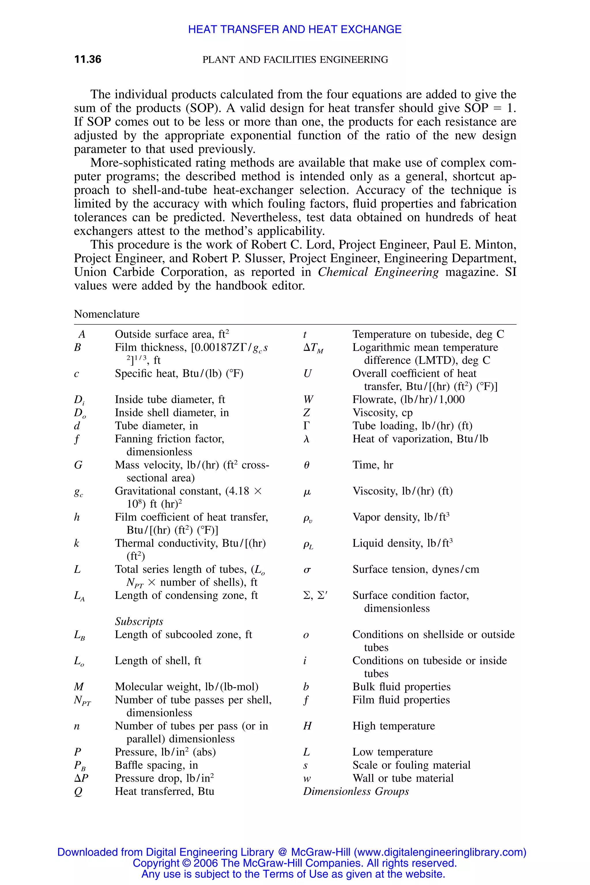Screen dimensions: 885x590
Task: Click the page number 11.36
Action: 88,59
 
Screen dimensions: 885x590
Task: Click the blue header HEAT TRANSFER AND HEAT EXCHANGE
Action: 295,29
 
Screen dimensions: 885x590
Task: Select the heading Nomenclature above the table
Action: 107,314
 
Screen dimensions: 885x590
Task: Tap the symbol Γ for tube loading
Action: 306,426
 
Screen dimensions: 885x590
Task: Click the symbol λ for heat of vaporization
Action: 306,439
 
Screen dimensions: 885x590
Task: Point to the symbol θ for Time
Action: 306,465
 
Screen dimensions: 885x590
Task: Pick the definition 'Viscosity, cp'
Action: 382,413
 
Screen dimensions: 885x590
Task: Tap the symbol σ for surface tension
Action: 307,570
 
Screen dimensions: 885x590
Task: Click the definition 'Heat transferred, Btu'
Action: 164,791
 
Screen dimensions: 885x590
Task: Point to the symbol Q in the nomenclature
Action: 78,792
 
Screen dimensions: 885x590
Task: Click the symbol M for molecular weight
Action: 79,687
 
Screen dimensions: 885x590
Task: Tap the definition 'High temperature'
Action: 393,726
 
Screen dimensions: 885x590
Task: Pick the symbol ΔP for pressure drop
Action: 81,778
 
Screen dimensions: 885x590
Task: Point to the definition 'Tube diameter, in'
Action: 156,426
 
